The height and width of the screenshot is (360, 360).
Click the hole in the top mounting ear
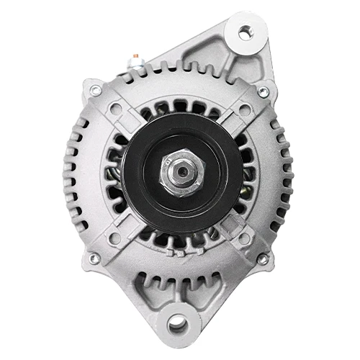pos(246,32)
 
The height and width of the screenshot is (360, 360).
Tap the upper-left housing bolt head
pos(95,90)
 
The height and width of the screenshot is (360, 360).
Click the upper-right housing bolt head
pos(263,91)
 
